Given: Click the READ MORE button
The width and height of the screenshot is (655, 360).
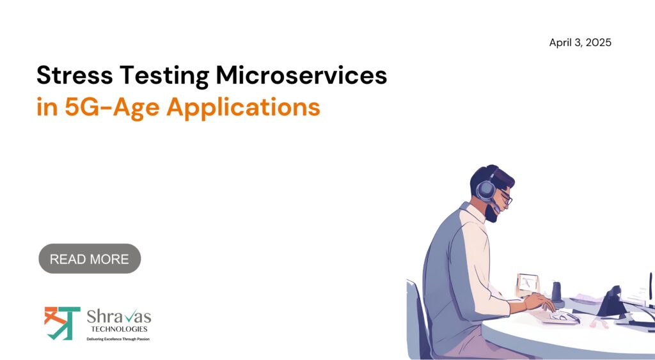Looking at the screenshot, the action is click(x=90, y=258).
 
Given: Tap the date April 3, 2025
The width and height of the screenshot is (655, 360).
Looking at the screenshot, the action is click(x=580, y=43).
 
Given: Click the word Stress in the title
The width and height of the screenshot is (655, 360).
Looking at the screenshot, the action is click(x=74, y=75).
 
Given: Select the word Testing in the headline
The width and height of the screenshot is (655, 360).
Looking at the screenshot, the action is click(x=164, y=76).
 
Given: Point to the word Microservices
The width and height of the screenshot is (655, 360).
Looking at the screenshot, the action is click(x=301, y=75).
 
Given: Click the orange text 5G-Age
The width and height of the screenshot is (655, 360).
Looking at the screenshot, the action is click(x=112, y=107).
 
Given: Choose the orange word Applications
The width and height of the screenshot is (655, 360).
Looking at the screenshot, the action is click(x=243, y=107).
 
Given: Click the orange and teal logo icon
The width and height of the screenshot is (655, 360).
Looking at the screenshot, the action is click(x=62, y=323).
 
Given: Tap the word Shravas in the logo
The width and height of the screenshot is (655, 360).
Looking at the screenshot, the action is click(x=118, y=316).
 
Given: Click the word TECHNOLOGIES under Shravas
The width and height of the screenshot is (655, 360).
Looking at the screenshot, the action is click(x=119, y=329).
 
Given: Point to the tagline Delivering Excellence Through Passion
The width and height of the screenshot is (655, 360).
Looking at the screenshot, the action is click(x=118, y=339).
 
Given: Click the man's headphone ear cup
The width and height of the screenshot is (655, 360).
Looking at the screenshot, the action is click(x=486, y=190).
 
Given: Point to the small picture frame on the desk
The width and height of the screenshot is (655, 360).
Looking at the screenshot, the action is click(x=528, y=284).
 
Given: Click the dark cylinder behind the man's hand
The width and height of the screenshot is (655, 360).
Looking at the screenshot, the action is click(x=557, y=292).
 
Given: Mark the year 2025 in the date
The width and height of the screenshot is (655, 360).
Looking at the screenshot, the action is click(x=599, y=43).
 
